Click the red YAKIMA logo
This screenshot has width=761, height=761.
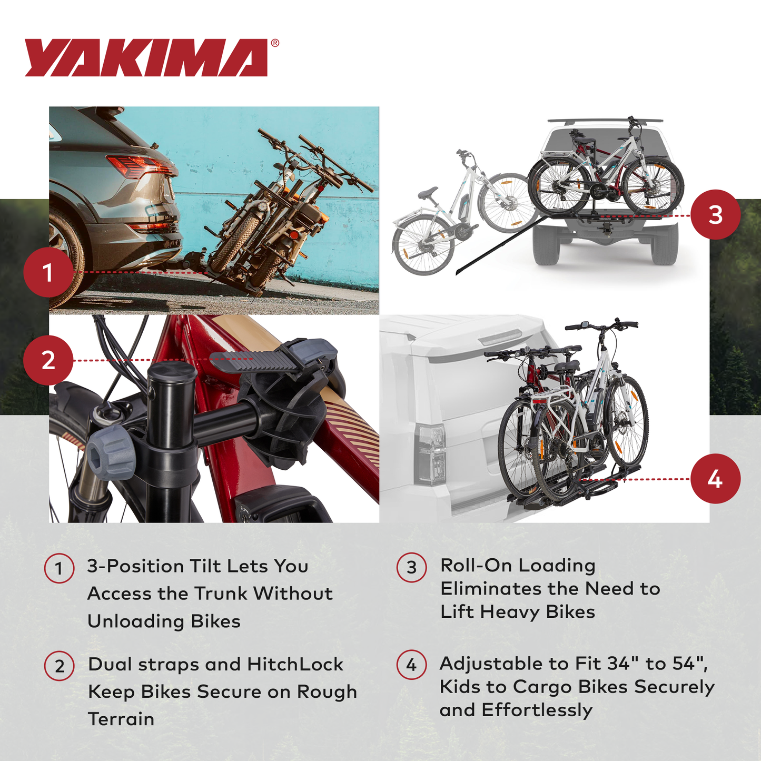click(x=146, y=58)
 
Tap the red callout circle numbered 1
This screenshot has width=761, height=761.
click(x=48, y=273)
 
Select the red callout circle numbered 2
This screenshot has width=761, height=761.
click(x=48, y=360)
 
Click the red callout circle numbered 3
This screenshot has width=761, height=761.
click(x=715, y=215)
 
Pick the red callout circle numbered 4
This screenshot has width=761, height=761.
click(x=715, y=479)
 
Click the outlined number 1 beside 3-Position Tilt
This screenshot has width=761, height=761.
click(x=59, y=568)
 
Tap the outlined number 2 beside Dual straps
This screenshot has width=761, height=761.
click(x=59, y=666)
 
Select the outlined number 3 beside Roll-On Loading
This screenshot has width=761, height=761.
click(x=411, y=567)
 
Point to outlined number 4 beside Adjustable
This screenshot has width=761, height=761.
click(x=411, y=665)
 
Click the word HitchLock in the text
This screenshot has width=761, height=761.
click(x=295, y=665)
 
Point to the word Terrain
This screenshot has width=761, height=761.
click(x=121, y=719)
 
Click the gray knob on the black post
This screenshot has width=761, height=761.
click(x=111, y=452)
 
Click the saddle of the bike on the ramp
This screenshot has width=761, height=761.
click(x=428, y=193)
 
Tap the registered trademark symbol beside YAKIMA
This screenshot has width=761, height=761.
click(x=275, y=44)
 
